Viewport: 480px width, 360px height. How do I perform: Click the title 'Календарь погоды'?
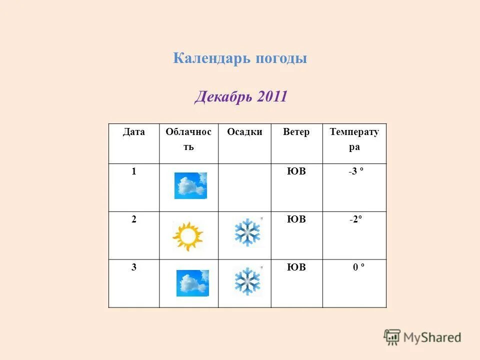240,58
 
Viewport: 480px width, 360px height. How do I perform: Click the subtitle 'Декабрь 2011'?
240,96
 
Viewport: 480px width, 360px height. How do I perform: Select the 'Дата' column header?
134,132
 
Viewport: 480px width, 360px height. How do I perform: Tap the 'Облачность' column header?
188,139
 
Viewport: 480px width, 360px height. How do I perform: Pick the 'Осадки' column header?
244,132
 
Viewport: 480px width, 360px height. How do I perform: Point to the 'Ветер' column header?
296,132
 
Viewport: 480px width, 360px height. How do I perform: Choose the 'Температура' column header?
354,139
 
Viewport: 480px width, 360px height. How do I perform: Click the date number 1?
134,171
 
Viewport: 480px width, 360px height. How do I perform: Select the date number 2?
134,219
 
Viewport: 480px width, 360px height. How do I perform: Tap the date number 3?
134,267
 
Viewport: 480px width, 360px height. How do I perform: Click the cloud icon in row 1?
190,185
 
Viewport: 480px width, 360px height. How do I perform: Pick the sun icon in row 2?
187,235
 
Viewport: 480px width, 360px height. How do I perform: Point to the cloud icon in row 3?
192,283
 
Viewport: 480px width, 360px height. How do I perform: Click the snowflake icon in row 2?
247,232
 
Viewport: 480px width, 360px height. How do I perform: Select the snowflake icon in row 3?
247,281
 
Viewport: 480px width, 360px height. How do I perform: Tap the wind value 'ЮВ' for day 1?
296,171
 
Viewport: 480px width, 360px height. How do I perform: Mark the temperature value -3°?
356,171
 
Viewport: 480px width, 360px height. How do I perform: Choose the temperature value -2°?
356,219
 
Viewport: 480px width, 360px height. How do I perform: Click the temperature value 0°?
358,267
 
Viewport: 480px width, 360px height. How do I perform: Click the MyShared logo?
422,337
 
